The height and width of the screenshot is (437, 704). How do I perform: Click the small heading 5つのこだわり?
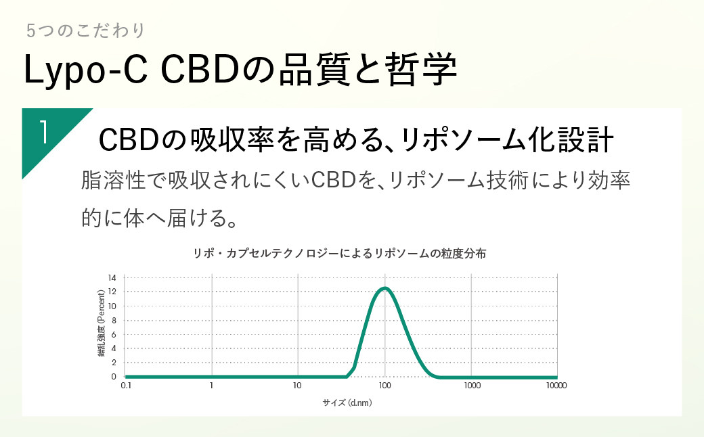(85, 30)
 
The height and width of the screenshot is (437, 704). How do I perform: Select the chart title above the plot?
(339, 254)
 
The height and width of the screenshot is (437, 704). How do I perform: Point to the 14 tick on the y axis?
(112, 278)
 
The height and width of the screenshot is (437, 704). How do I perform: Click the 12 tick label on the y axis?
(112, 292)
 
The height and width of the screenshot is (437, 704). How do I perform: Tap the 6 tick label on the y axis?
(114, 334)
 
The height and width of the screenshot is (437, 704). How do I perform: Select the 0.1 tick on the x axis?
(125, 386)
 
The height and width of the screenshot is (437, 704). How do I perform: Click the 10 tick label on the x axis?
(297, 386)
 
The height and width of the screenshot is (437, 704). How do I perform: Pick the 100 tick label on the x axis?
(385, 386)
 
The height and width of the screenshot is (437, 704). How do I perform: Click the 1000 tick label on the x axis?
(472, 386)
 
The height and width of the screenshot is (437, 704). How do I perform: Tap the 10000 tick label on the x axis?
(556, 386)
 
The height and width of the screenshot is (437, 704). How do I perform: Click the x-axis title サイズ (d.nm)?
(347, 402)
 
